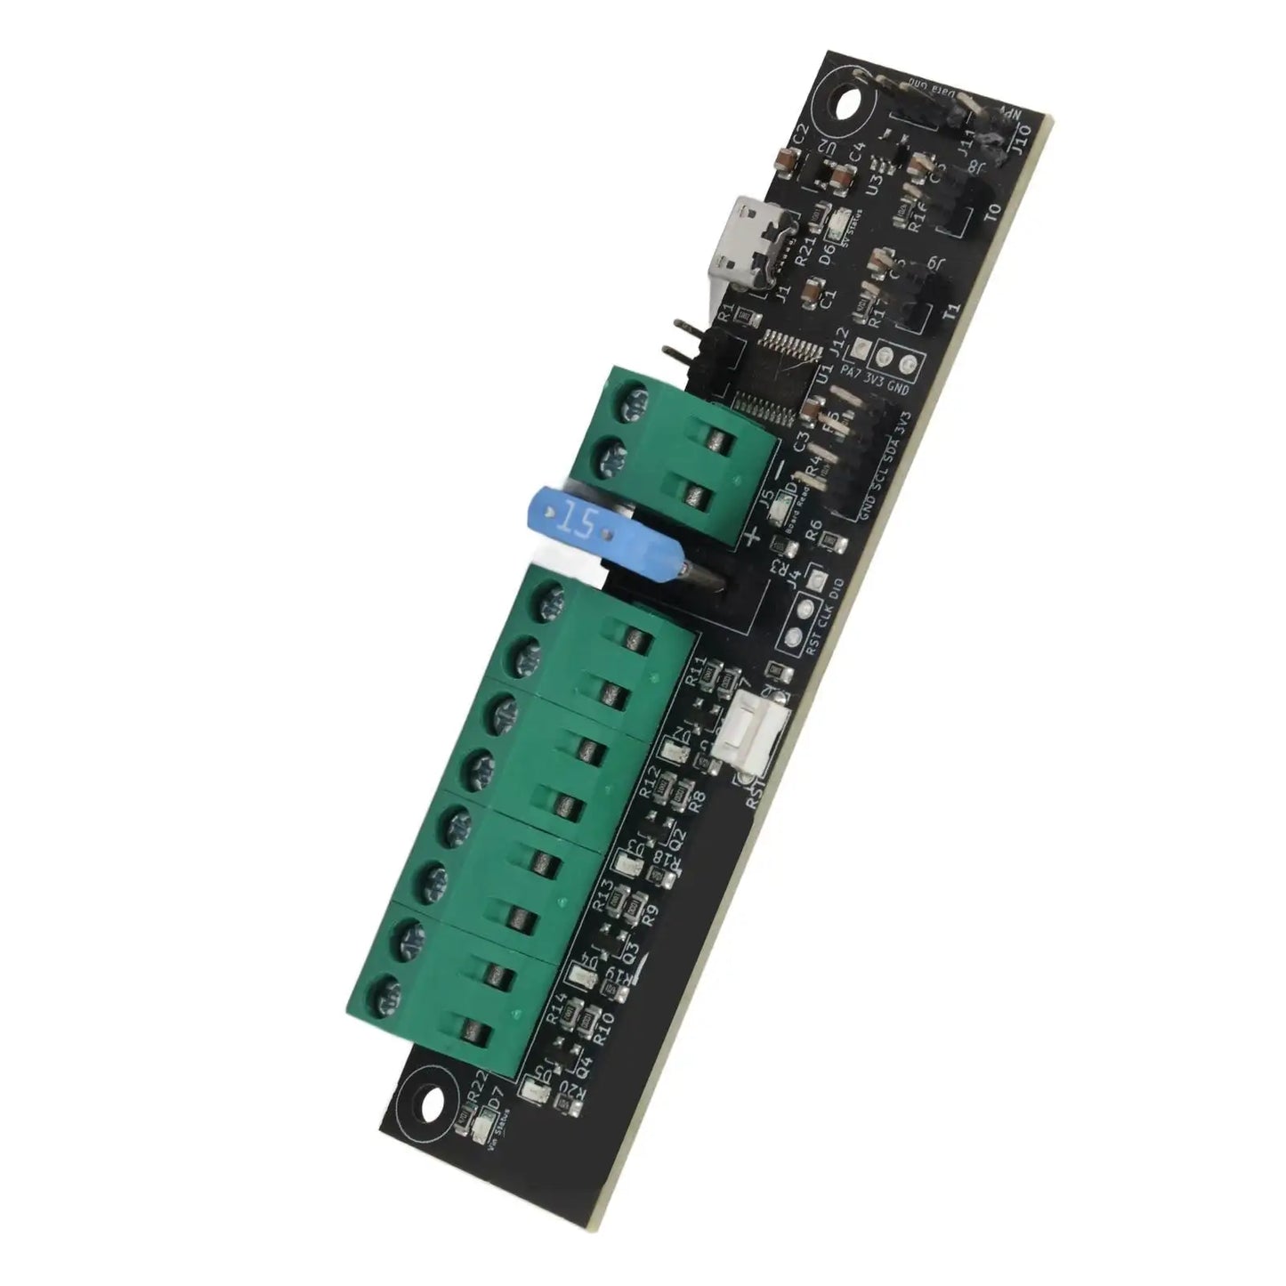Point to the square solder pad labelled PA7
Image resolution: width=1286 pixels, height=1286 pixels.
pos(861,350)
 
